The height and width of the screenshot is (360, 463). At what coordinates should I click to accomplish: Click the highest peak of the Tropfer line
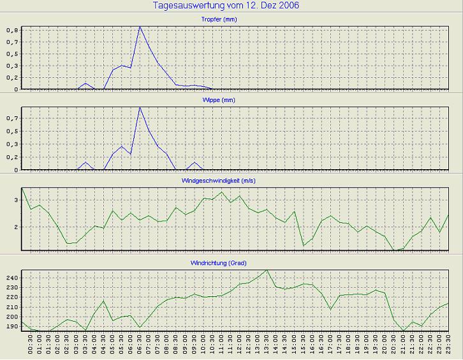(x=140, y=27)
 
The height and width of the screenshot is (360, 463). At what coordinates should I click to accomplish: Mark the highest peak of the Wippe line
(x=140, y=107)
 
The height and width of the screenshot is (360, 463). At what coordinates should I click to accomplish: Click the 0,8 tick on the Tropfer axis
(x=13, y=30)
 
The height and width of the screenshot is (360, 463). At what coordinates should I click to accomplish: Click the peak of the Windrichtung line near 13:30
(x=267, y=270)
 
